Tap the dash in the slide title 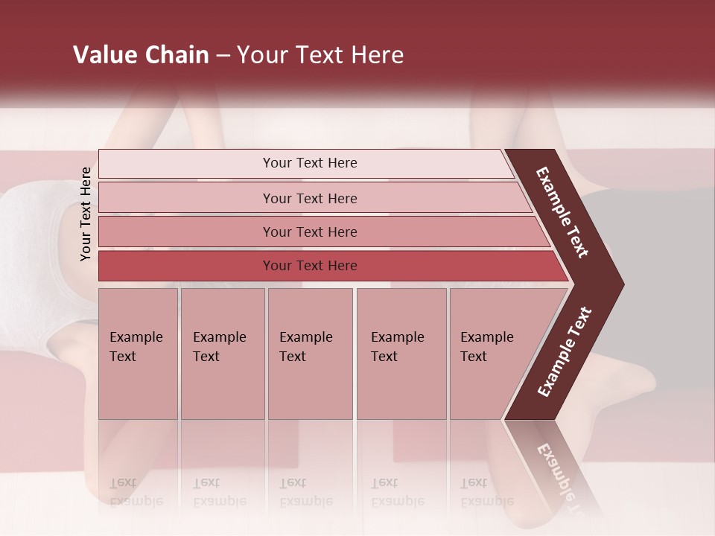click(223, 56)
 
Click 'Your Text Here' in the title click(320, 55)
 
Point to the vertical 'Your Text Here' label click(86, 214)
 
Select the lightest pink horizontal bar click(305, 164)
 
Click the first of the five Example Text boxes click(138, 354)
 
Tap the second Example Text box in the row click(222, 354)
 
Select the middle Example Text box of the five click(310, 354)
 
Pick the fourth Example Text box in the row click(401, 354)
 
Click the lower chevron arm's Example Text click(564, 352)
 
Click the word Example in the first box click(136, 337)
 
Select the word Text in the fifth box click(474, 357)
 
